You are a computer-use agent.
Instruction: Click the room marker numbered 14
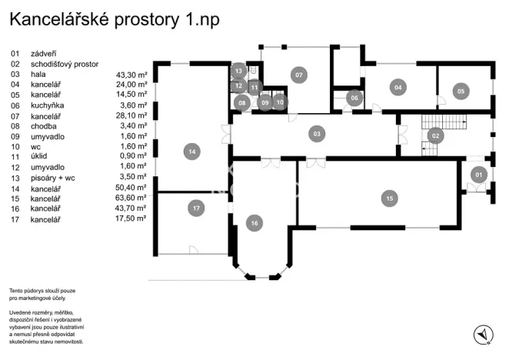click(192, 152)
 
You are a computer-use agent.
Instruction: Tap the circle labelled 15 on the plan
click(390, 198)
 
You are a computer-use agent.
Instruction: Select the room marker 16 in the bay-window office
click(254, 223)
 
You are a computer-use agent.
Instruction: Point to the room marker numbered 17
click(197, 208)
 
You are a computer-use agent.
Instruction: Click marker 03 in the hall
click(316, 134)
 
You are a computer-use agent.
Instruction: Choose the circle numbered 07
click(298, 75)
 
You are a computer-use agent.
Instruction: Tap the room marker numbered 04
click(398, 87)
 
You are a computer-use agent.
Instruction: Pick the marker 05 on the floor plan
click(460, 91)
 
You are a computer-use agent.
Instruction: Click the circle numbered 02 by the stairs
click(435, 135)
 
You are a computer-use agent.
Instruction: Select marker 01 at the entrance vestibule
click(477, 175)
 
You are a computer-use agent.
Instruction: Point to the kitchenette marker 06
click(354, 98)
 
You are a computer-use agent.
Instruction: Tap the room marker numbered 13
click(239, 71)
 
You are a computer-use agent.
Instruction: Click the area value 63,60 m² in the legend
click(131, 198)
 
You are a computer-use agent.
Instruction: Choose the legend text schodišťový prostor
click(65, 65)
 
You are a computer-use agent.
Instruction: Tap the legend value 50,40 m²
click(131, 188)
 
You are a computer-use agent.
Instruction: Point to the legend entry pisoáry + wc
click(55, 177)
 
